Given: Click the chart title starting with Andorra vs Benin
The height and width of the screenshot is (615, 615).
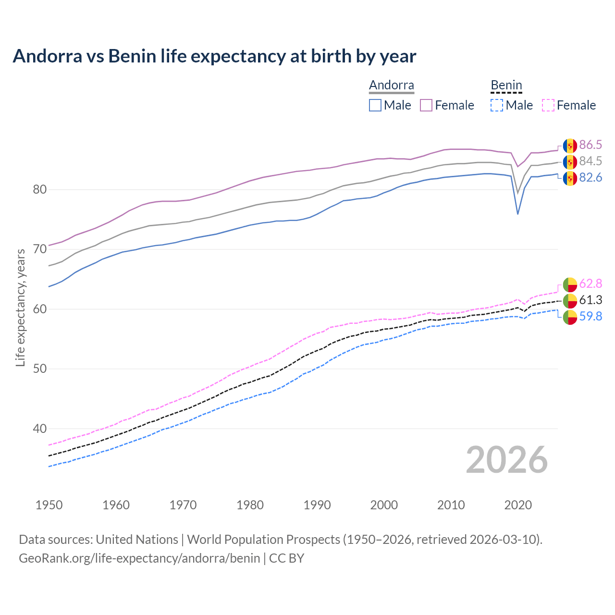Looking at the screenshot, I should tap(214, 56).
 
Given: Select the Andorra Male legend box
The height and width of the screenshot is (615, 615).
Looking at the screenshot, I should tap(375, 105).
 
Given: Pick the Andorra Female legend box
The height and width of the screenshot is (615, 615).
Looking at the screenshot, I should tap(426, 105).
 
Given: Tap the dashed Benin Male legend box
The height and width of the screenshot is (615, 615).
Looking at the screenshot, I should tap(497, 105).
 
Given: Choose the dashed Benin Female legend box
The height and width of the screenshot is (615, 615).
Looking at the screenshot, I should tap(548, 105).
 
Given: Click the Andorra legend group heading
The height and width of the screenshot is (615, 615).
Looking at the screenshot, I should tap(391, 86).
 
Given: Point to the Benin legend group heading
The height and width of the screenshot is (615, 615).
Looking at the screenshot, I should tap(506, 86).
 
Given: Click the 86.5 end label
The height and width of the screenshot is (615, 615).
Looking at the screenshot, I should tap(590, 145).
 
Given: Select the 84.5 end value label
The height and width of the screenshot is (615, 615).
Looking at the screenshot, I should tap(590, 161).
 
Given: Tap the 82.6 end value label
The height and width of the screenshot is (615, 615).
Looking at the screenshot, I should tap(590, 178).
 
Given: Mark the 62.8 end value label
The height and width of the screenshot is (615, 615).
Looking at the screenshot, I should tap(590, 284).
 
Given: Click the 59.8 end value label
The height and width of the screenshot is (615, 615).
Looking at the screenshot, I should tap(590, 317).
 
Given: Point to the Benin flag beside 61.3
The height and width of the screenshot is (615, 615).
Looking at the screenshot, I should tap(570, 301).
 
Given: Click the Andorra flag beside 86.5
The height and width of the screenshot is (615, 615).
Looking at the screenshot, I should tap(570, 146).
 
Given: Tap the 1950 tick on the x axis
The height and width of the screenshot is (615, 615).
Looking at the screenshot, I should tap(49, 505).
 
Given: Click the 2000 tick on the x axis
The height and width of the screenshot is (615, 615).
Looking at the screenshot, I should tap(384, 505).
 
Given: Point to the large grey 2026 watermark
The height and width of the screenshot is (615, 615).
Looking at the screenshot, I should tap(506, 460).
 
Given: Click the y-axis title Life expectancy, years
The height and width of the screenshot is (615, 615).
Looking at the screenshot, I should tap(21, 307).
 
